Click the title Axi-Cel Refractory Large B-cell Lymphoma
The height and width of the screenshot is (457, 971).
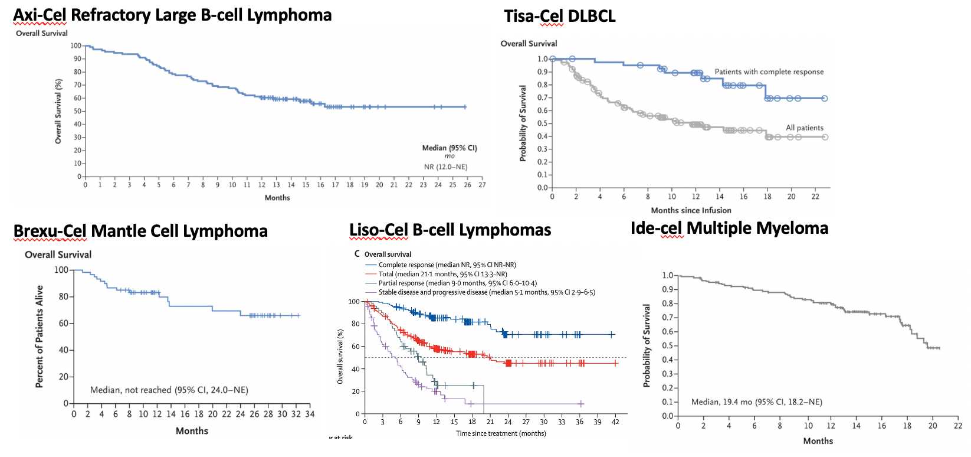click(x=172, y=15)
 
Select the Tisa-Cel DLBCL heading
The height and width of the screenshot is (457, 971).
click(x=559, y=16)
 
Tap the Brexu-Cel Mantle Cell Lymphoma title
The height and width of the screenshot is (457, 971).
click(x=140, y=231)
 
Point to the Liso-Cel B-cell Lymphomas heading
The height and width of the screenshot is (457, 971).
click(x=450, y=230)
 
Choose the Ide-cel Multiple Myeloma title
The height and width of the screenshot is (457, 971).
click(x=729, y=228)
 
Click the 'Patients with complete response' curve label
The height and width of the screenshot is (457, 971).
click(x=769, y=72)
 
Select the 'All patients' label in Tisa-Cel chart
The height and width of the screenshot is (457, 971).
click(x=804, y=128)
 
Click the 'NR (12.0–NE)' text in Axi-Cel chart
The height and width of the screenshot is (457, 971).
click(x=445, y=167)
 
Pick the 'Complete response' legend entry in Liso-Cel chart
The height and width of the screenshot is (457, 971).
click(x=447, y=265)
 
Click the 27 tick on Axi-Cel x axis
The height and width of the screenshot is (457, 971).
click(x=482, y=185)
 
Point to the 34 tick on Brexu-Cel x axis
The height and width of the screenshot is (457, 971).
click(x=310, y=414)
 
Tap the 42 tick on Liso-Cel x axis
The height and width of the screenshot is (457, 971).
click(x=615, y=422)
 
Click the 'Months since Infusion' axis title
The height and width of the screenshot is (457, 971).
click(x=691, y=210)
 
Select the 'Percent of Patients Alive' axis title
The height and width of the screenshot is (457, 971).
click(x=40, y=337)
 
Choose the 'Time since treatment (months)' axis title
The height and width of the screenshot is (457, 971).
click(x=501, y=433)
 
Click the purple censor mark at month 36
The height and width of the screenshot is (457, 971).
click(x=580, y=404)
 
